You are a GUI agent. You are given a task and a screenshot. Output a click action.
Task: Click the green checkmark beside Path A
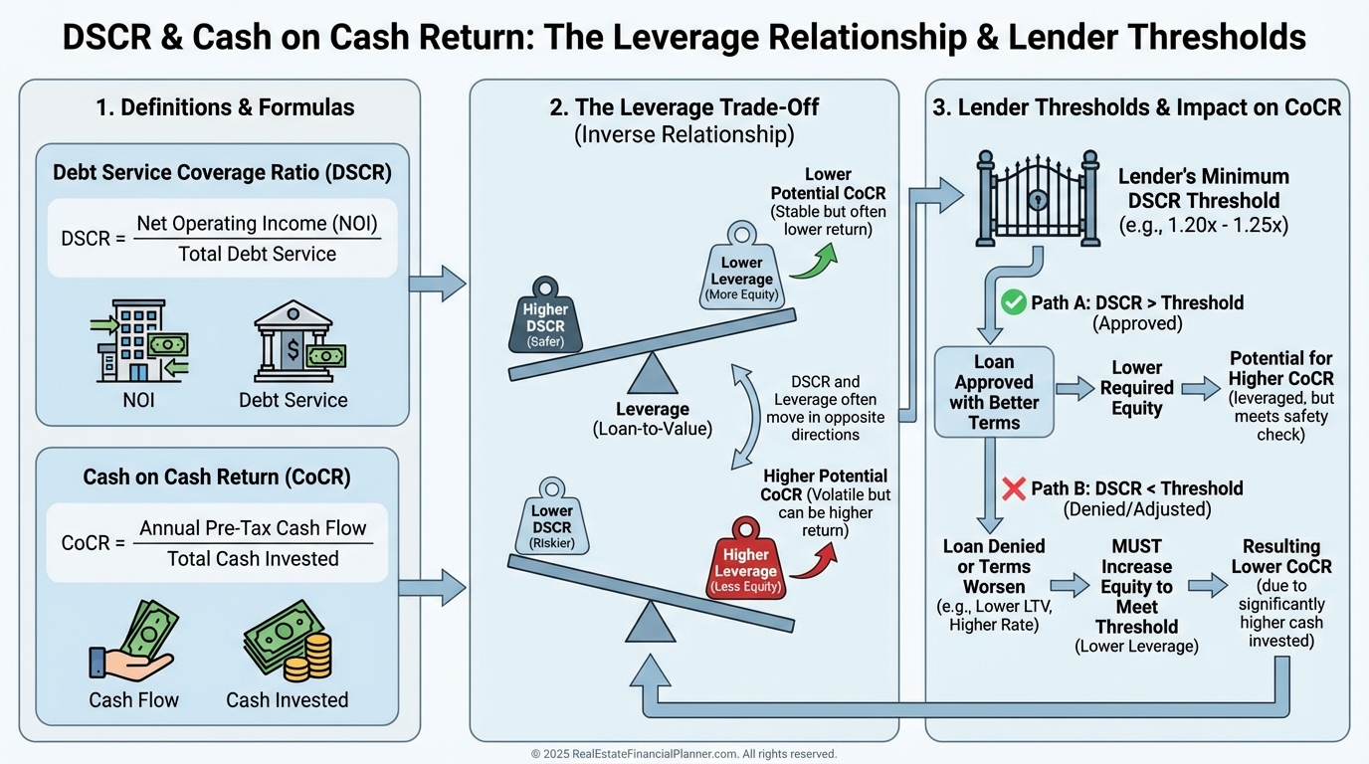[1013, 302]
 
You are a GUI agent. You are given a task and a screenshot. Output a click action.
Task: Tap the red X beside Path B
[1013, 488]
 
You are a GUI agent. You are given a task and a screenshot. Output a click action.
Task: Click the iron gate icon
[1038, 199]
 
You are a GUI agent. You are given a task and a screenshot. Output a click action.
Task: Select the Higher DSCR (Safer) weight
[544, 314]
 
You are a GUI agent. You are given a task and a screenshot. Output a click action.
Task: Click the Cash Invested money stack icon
[287, 644]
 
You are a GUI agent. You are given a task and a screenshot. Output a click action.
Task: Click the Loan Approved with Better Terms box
[993, 392]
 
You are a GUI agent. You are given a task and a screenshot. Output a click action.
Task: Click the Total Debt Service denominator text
[257, 254]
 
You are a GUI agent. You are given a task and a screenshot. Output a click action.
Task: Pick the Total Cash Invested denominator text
[253, 559]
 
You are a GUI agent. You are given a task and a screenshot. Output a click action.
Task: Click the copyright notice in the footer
[684, 754]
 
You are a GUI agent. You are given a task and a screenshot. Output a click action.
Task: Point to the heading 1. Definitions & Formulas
[225, 106]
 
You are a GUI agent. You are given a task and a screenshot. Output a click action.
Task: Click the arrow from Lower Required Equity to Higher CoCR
[1201, 388]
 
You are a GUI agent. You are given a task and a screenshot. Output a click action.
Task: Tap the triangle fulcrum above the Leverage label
[653, 375]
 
